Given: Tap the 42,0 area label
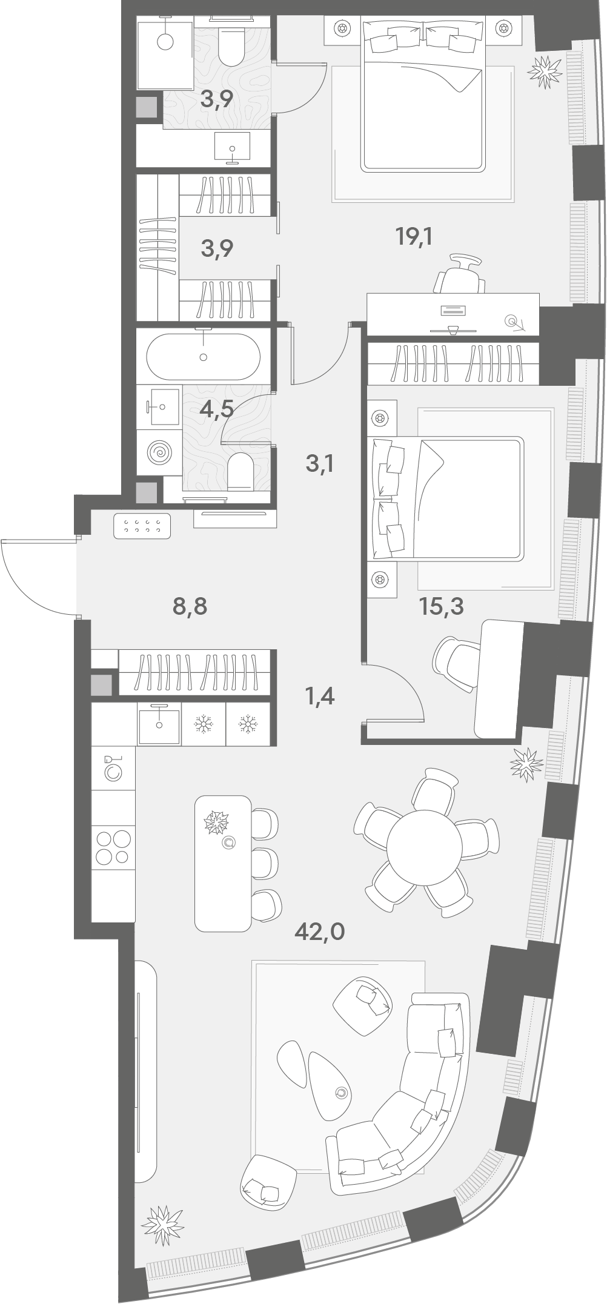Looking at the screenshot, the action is [319, 931].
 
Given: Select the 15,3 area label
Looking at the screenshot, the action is [442, 606].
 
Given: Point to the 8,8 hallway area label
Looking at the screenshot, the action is [190, 606].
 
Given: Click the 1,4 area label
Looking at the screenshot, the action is [320, 697].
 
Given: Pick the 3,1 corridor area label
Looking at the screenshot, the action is [320, 465].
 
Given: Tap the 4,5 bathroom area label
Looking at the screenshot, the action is [217, 409].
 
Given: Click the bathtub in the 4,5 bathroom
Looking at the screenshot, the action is [204, 357].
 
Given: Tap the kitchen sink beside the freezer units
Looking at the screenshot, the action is [159, 724].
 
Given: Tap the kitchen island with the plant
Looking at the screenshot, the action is [222, 863].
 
